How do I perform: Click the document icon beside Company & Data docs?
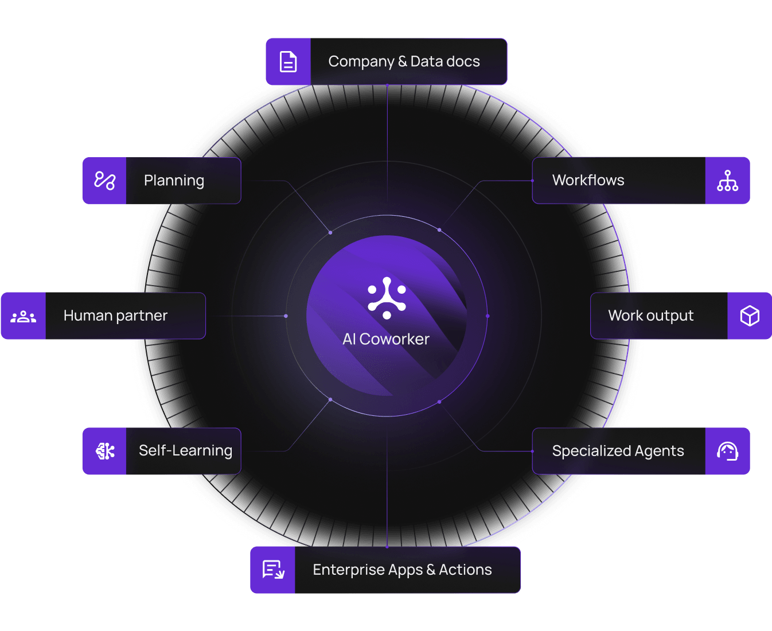288,61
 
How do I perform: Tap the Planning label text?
174,181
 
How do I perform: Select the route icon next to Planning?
105,181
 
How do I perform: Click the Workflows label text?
588,180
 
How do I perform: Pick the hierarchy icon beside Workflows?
727,181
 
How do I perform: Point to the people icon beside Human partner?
23,317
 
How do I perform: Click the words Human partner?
115,315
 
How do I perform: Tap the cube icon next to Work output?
749,315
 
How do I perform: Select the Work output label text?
651,315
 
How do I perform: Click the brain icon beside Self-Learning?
105,451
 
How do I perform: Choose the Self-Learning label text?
186,451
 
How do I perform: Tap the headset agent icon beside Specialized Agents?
727,451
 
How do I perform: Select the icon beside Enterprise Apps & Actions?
273,570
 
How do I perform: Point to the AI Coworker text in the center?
386,340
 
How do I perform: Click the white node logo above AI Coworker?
387,298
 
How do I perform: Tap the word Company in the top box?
361,62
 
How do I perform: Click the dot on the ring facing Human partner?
286,316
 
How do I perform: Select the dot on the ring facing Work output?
488,316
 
